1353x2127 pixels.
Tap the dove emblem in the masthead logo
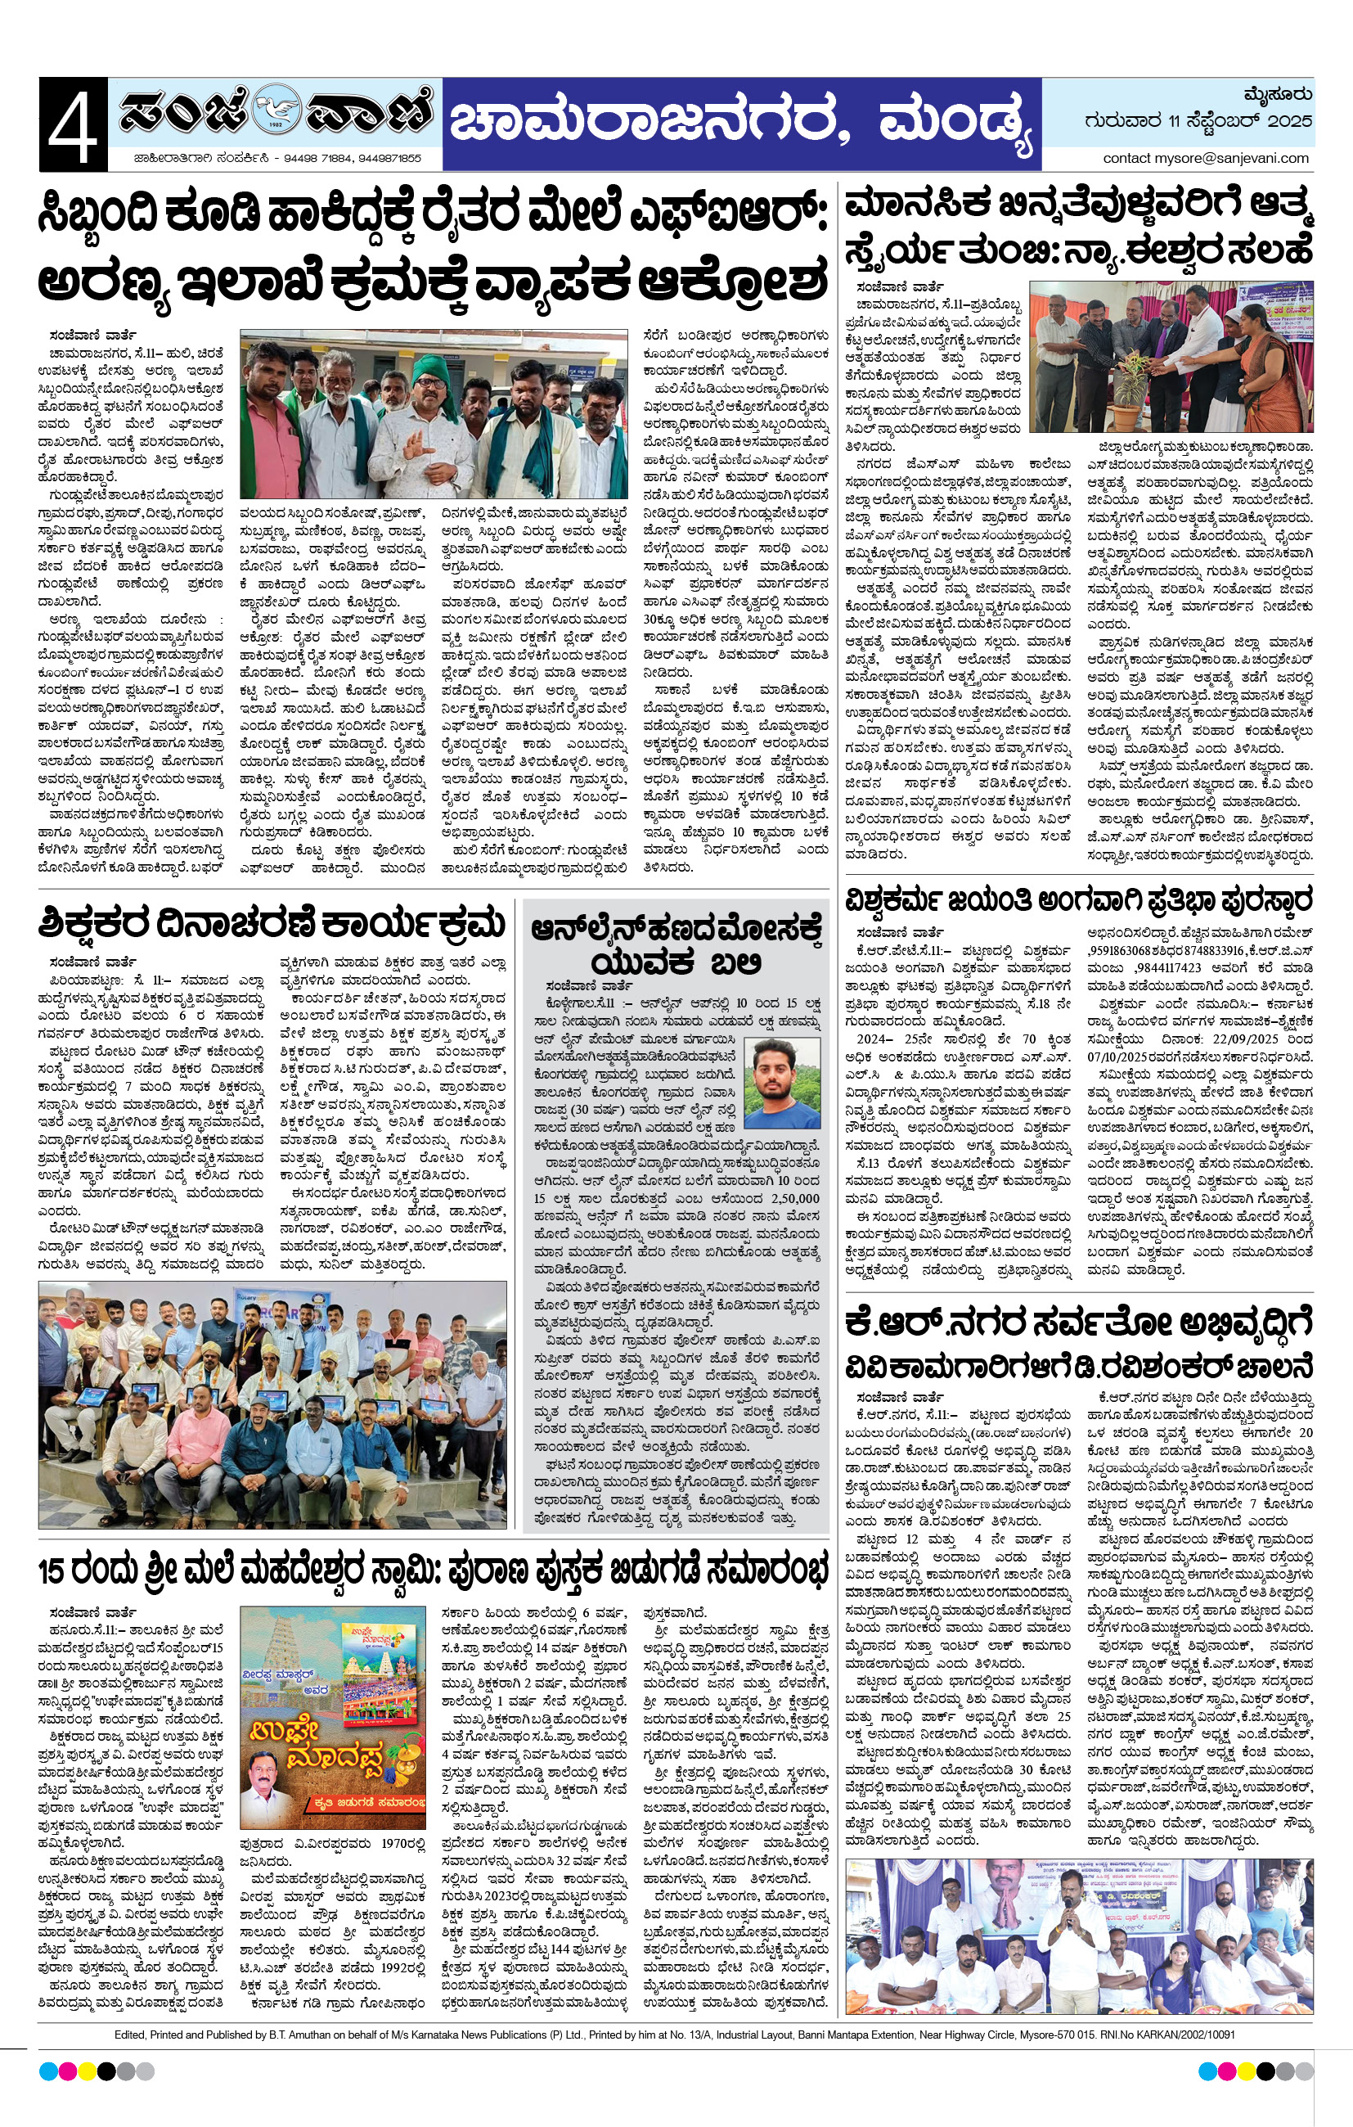point(276,113)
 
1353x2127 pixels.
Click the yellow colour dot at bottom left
point(88,2071)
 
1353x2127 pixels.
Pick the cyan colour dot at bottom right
point(1207,2071)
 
